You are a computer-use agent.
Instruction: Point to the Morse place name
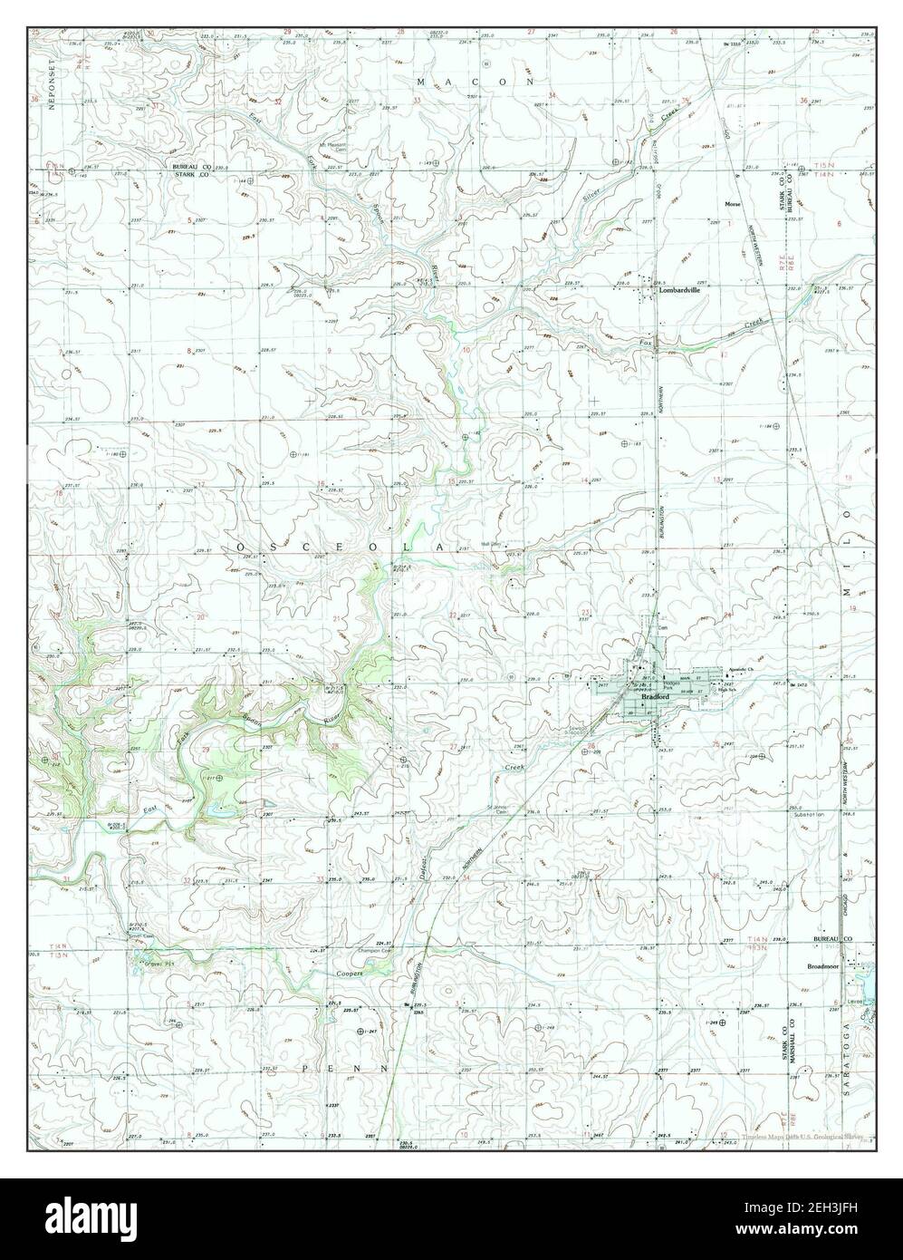732,205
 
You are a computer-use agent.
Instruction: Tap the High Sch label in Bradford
725,691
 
